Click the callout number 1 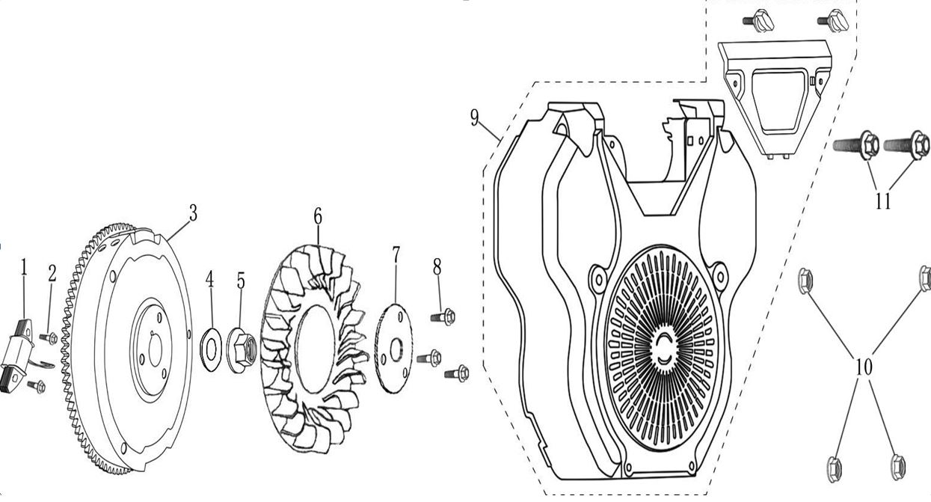(23, 266)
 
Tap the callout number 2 (52, 274)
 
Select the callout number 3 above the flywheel (193, 213)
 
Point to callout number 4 (210, 281)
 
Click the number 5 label (240, 281)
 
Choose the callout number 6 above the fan (318, 217)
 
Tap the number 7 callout (396, 254)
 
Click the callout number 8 (437, 266)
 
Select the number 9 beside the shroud (475, 118)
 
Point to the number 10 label (864, 367)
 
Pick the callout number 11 (882, 201)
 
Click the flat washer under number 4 (211, 346)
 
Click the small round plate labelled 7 (393, 347)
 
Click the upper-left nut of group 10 (805, 281)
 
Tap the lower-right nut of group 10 (898, 468)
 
